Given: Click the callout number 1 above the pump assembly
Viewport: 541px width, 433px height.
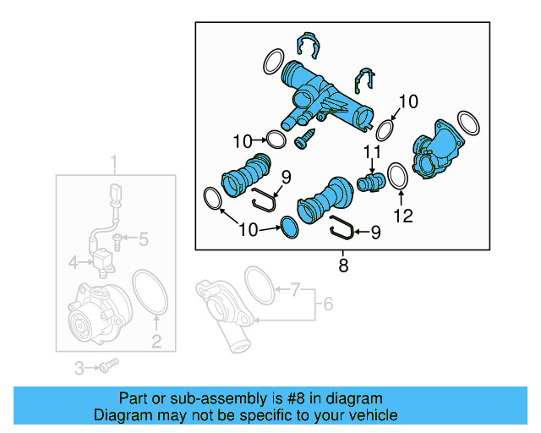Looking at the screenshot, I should (x=116, y=162).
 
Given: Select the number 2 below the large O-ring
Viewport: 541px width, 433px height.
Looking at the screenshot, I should (x=156, y=342).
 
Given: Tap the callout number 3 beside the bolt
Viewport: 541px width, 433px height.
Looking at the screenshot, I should (x=79, y=368).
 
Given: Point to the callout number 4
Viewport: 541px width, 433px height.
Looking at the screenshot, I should (x=74, y=262).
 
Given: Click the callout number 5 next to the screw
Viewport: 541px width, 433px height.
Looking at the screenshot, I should (x=143, y=240).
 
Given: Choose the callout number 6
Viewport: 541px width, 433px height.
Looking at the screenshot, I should (x=329, y=303).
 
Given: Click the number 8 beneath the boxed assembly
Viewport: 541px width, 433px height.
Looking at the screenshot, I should (x=342, y=266).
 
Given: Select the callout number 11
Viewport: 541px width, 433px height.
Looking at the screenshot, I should (x=369, y=153).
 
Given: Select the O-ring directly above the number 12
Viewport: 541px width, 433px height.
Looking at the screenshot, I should (x=398, y=178).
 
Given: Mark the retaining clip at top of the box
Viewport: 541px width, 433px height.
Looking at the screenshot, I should (x=309, y=48).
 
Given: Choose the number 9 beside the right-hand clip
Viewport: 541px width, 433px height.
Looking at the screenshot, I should (x=375, y=231).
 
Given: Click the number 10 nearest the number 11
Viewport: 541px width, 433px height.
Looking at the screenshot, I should (x=407, y=101).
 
